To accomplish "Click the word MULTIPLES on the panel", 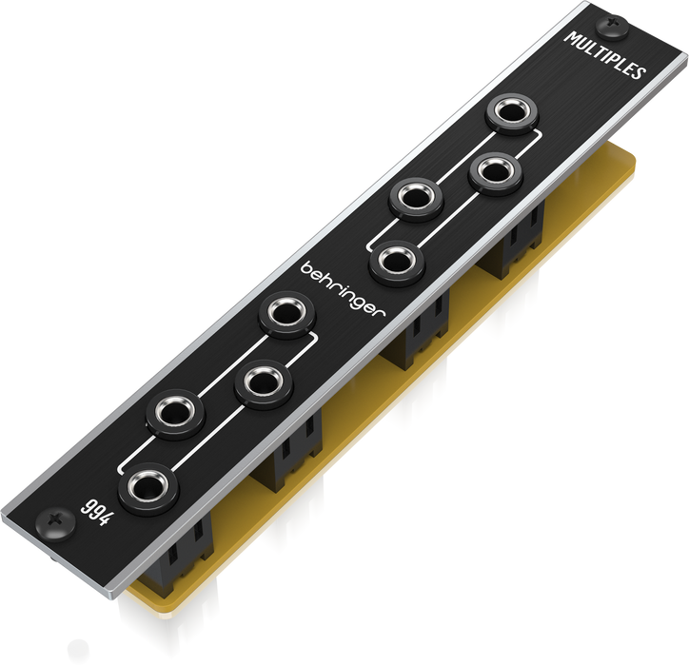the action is coord(605,55).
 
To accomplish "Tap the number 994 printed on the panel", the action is coord(97,512).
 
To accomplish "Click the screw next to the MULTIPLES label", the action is coord(612,28).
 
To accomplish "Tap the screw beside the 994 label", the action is coord(55,524).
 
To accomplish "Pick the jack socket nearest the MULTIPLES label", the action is coord(512,113).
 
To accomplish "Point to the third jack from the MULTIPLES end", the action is coord(416,199).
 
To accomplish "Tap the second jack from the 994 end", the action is coord(175,413).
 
